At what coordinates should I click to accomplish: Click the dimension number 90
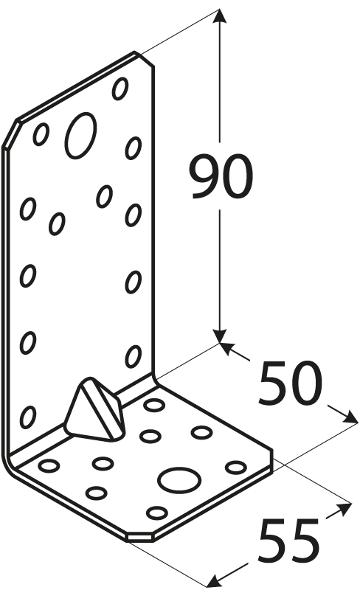click(x=221, y=176)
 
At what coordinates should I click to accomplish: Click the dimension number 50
click(x=290, y=383)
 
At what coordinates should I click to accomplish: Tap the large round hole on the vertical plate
click(x=80, y=135)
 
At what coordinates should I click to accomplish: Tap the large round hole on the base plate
click(x=179, y=480)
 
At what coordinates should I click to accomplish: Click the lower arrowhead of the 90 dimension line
click(x=220, y=336)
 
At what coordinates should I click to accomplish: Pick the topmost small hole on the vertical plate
click(x=120, y=88)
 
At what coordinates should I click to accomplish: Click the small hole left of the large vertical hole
click(x=41, y=134)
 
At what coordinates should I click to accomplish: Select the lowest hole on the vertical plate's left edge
click(x=28, y=417)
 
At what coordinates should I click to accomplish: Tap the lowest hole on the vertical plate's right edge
click(x=134, y=356)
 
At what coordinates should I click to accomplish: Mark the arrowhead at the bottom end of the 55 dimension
click(x=215, y=580)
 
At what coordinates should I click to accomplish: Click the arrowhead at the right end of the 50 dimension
click(x=348, y=417)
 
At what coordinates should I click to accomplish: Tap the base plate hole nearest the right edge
click(x=236, y=468)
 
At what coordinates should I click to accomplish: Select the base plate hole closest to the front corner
click(x=157, y=513)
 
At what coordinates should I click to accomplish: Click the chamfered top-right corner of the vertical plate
click(x=145, y=60)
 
